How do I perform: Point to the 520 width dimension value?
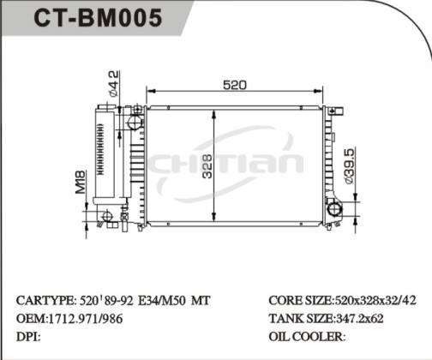tap(235, 85)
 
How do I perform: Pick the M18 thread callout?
tap(81, 182)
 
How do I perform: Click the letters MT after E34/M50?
tap(198, 301)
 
